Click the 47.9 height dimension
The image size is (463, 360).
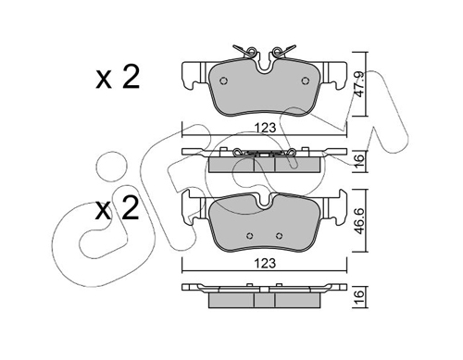pyautogui.click(x=358, y=84)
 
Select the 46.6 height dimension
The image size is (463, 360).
pyautogui.click(x=358, y=221)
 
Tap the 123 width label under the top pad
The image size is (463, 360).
pyautogui.click(x=266, y=128)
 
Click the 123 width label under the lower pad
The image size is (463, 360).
pyautogui.click(x=266, y=263)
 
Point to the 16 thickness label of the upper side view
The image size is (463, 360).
pyautogui.click(x=358, y=162)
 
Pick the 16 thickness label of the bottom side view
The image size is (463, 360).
pyautogui.click(x=358, y=297)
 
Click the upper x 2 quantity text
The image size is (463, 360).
pyautogui.click(x=118, y=77)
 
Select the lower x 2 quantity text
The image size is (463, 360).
pyautogui.click(x=117, y=208)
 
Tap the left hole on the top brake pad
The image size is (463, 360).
pyautogui.click(x=223, y=81)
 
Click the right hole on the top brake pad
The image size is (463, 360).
pyautogui.click(x=305, y=81)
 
